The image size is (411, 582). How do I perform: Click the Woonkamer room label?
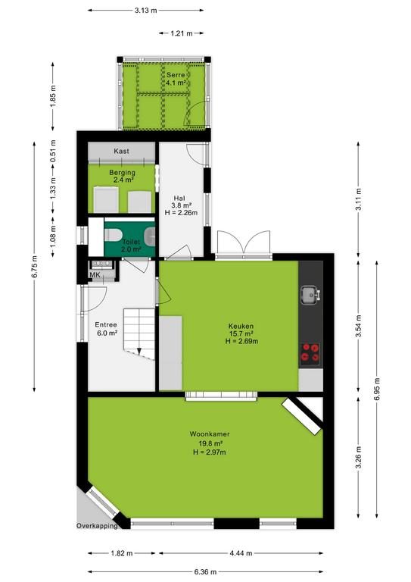(210, 433)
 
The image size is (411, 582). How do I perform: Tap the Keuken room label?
(241, 327)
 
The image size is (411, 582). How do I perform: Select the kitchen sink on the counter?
(310, 295)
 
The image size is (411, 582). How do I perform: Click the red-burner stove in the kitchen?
(310, 352)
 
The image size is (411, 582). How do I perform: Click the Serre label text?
(176, 75)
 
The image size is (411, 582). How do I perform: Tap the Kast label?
(122, 151)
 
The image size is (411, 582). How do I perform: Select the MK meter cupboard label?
(95, 274)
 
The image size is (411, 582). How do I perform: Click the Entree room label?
(106, 325)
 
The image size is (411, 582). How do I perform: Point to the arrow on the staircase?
(139, 351)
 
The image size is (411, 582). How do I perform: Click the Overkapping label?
(97, 526)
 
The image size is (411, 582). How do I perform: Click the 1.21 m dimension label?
(182, 33)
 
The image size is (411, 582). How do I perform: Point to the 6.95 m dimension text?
(377, 389)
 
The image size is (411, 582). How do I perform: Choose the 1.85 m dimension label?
(53, 96)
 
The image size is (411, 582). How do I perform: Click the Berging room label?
(122, 173)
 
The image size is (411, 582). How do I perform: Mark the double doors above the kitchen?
(244, 243)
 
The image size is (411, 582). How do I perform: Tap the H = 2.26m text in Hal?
(181, 213)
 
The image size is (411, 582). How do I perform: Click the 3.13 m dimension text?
(145, 11)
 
